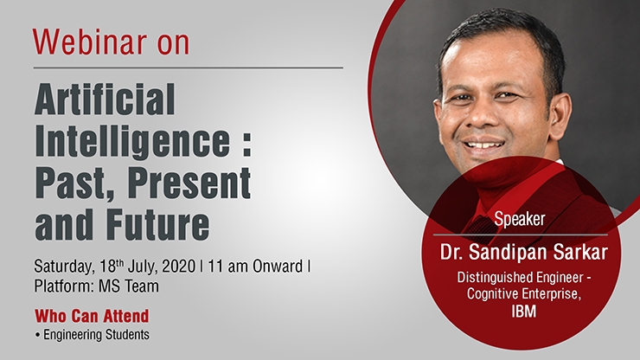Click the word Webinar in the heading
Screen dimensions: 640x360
tap(90, 42)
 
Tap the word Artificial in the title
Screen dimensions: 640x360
tap(105, 99)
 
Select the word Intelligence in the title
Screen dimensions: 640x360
tap(132, 142)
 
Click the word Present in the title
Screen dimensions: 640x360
tap(189, 183)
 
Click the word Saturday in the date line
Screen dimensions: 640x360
tap(65, 267)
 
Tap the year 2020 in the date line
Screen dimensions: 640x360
tap(179, 267)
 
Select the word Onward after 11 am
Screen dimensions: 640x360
tap(278, 267)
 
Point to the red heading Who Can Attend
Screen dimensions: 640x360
tap(92, 316)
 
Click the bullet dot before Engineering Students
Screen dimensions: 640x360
tap(37, 336)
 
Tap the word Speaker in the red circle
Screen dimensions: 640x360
tap(520, 220)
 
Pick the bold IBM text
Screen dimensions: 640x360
tap(523, 312)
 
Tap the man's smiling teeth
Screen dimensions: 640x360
tap(487, 145)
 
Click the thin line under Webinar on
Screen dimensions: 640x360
tap(189, 67)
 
